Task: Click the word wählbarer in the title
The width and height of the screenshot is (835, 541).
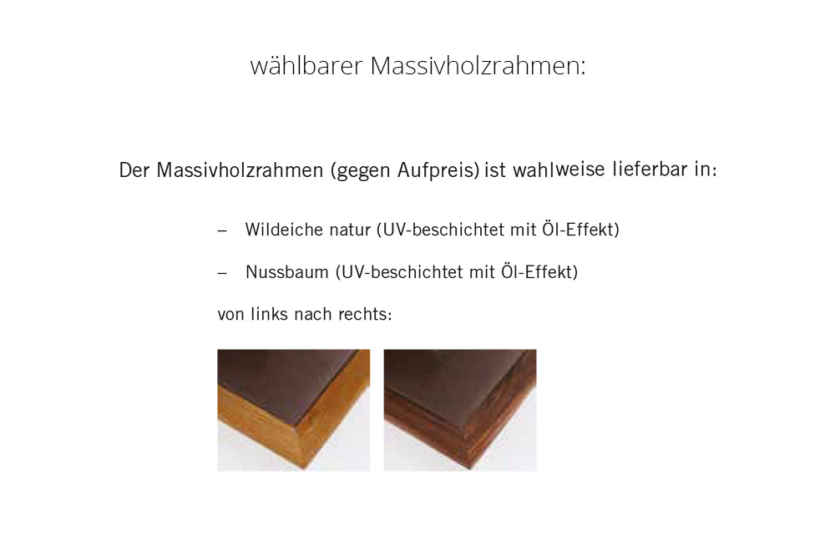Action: (306, 66)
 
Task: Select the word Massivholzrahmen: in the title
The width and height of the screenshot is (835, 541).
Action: (478, 66)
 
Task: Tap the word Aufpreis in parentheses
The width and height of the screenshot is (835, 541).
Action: (438, 170)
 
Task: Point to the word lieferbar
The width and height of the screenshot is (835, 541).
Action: (650, 169)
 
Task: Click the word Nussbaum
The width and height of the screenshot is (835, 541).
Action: (287, 272)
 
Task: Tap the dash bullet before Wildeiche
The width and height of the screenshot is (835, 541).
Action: (223, 230)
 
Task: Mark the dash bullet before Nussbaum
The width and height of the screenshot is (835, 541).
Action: (223, 273)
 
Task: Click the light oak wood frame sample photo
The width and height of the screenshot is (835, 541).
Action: (293, 410)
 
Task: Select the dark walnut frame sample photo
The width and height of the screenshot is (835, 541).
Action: (460, 410)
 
